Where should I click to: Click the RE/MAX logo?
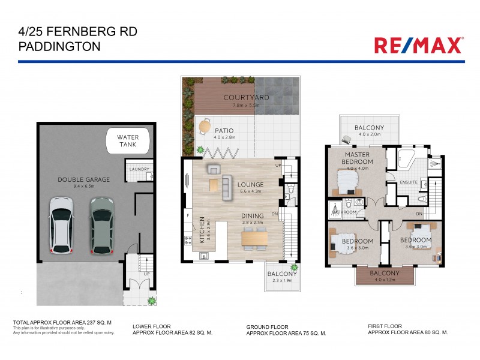point(418,45)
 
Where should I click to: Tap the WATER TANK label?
point(128,142)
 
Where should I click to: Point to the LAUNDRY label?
point(139,169)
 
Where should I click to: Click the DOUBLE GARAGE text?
point(83,179)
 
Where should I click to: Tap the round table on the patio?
point(204,127)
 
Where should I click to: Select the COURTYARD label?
point(246,97)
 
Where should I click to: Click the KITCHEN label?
point(202,230)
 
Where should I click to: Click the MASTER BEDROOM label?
point(358,158)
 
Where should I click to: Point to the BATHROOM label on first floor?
point(346,212)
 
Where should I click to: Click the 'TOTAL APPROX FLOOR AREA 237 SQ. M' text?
point(62,323)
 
